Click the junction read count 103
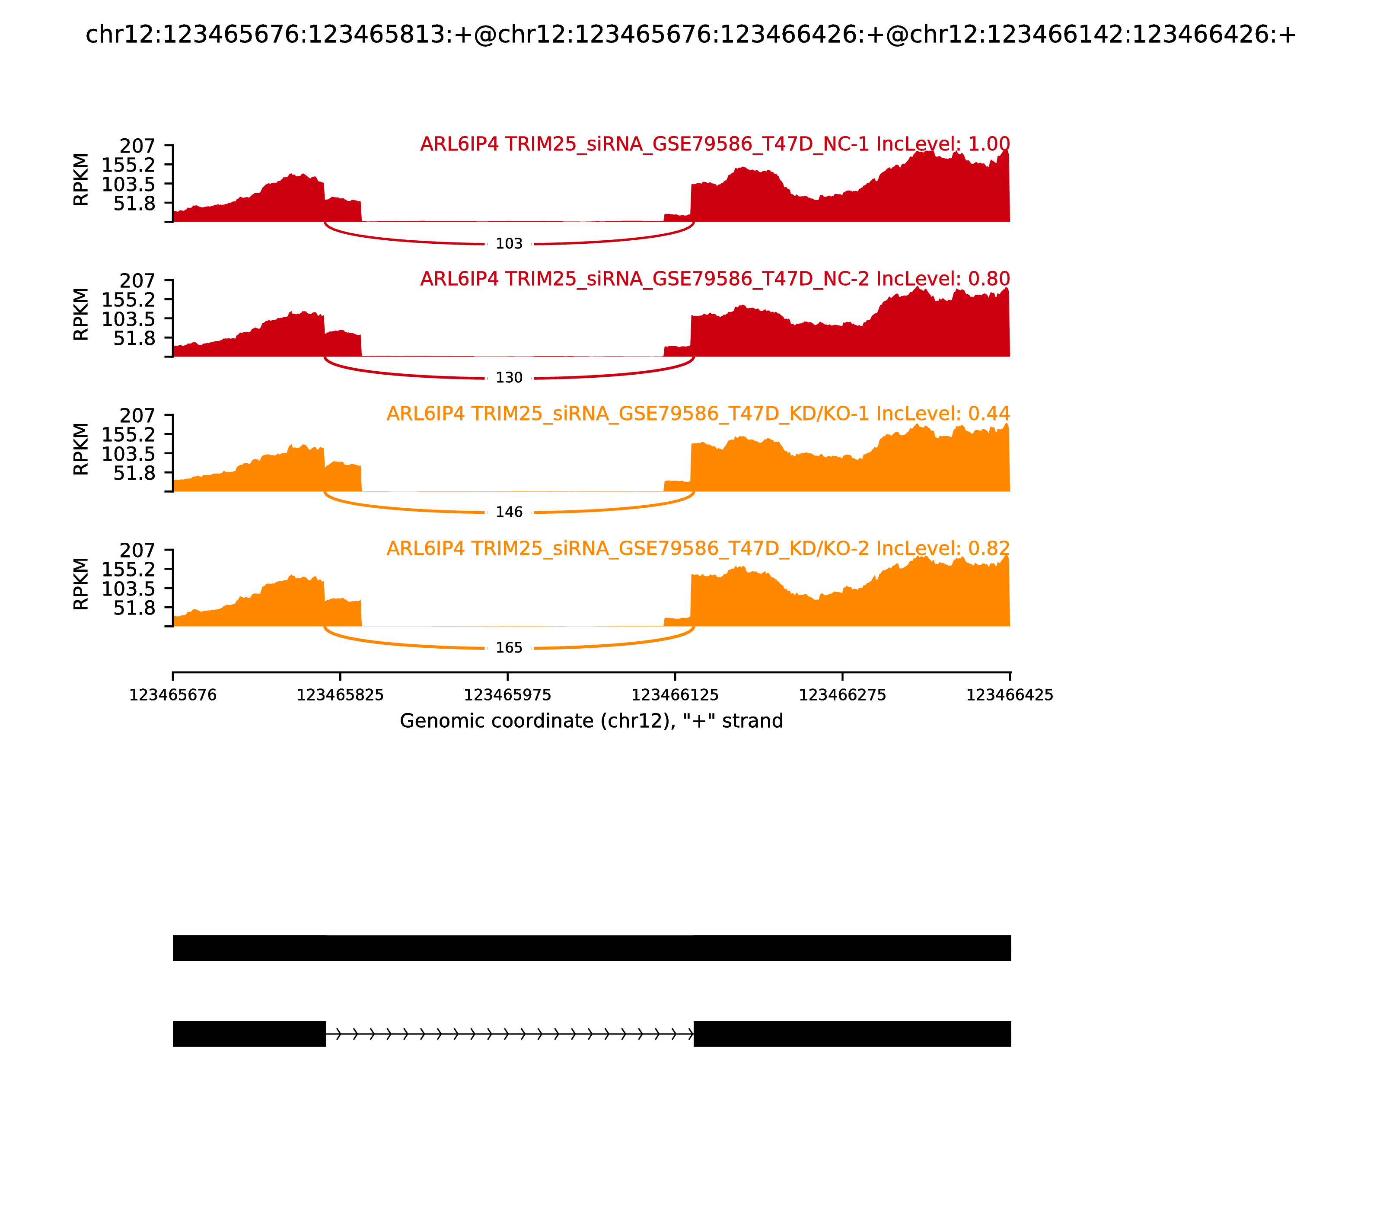click(x=509, y=244)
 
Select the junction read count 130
click(x=509, y=378)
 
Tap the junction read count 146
click(x=509, y=513)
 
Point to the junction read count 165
click(x=509, y=648)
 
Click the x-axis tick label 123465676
click(x=173, y=695)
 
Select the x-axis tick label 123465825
click(x=341, y=695)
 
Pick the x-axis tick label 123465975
click(x=508, y=695)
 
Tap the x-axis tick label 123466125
click(x=675, y=695)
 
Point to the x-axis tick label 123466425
click(x=1010, y=695)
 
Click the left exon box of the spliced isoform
click(x=249, y=1034)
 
